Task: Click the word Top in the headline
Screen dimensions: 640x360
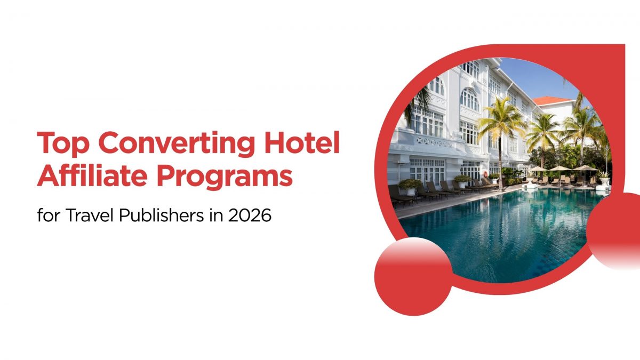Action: pyautogui.click(x=62, y=143)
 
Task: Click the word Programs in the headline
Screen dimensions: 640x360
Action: pyautogui.click(x=225, y=177)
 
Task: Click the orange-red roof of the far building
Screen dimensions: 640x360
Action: pyautogui.click(x=553, y=101)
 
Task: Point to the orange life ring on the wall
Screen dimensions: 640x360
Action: pyautogui.click(x=485, y=174)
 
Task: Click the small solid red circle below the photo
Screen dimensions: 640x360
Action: pyautogui.click(x=413, y=276)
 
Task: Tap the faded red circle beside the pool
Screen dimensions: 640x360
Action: pyautogui.click(x=614, y=231)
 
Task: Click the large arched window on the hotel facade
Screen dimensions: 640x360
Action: pyautogui.click(x=469, y=99)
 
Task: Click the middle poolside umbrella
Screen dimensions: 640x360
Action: pyautogui.click(x=558, y=169)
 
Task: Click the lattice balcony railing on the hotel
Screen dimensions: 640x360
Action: pyautogui.click(x=434, y=141)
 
